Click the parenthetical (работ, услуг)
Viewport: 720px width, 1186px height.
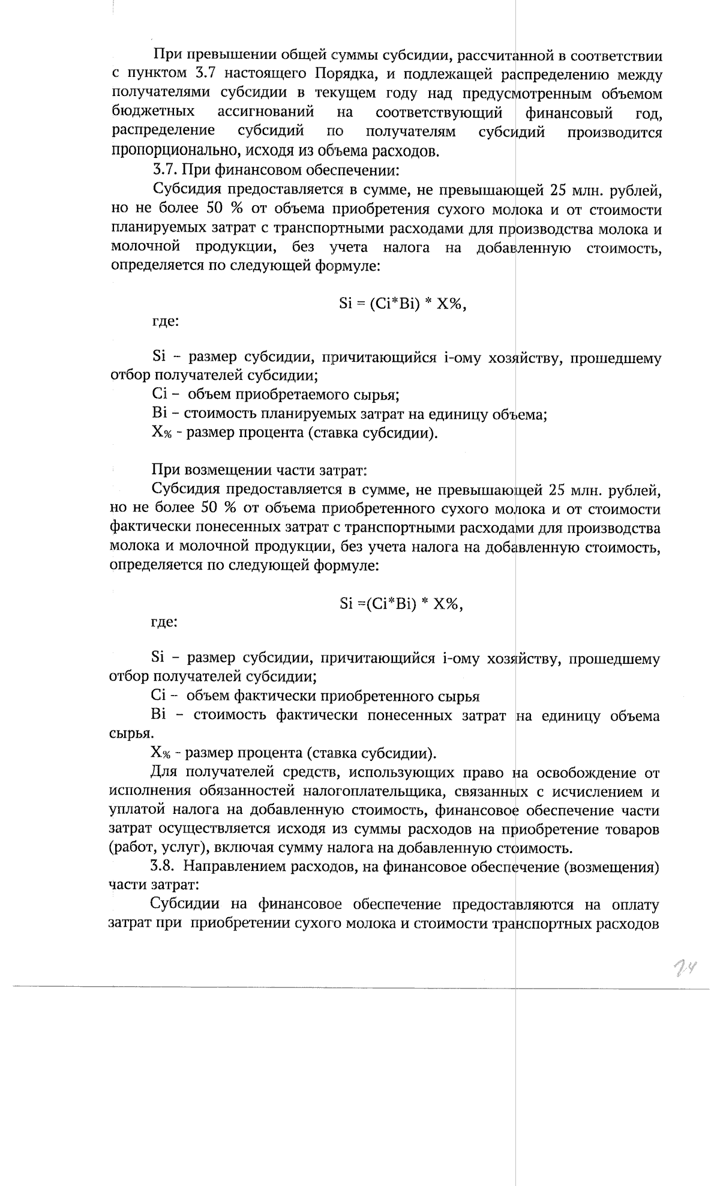click(155, 848)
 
